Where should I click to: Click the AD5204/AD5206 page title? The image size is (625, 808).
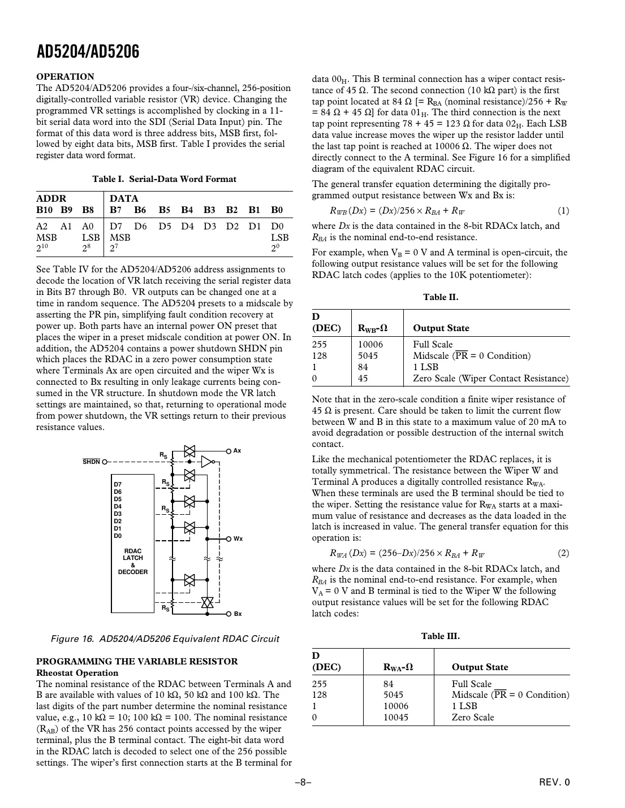coord(88,52)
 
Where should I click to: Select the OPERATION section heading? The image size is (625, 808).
coord(65,77)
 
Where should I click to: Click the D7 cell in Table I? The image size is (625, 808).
coord(116,226)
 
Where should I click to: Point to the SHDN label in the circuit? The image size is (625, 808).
coord(92,462)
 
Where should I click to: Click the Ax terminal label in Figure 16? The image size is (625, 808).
coord(238,451)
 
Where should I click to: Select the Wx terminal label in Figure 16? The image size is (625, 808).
coord(238,539)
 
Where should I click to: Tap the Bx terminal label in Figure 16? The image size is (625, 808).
coord(238,614)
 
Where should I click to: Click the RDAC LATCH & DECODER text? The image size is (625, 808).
coord(133,562)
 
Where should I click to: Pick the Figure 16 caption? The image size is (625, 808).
coord(165,639)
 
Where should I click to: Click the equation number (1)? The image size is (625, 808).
coord(563,211)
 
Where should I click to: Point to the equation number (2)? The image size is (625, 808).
coord(563,554)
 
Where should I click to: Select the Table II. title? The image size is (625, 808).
coord(441,297)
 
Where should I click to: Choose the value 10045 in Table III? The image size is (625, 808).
coord(395,718)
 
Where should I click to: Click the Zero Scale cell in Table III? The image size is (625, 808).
coord(473,718)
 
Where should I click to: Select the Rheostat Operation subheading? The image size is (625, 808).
coord(77,673)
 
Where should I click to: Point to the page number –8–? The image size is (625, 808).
coord(304,783)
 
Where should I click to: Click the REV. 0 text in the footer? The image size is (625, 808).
coord(554,783)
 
